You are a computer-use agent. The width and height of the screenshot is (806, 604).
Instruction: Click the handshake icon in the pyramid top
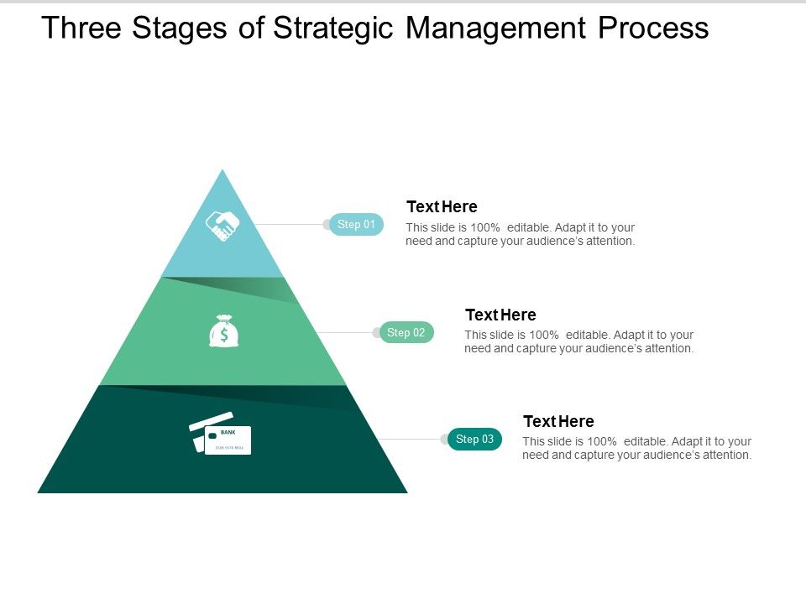point(222,226)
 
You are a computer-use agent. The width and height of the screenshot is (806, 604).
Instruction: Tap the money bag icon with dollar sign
point(224,331)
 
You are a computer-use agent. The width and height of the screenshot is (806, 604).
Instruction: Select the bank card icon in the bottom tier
point(221,434)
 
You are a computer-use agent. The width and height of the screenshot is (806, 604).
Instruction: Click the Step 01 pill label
point(357,225)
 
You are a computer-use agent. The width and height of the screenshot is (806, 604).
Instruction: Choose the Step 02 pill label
point(406,333)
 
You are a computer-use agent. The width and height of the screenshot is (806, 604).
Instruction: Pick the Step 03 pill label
point(475,440)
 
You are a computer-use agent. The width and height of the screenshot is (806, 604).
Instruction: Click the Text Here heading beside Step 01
point(442,206)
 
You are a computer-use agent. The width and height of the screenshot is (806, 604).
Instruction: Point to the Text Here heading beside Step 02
point(500,315)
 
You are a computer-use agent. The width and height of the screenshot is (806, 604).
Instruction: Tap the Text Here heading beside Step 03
point(558,421)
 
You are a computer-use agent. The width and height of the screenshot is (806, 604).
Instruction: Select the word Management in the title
point(496,29)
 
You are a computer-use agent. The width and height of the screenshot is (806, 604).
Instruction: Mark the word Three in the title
point(81,29)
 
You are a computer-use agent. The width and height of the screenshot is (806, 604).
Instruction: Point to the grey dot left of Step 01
point(327,225)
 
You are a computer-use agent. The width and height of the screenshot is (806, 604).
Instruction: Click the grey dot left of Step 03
point(445,440)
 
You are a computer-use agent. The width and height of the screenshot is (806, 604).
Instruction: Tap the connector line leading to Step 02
point(348,333)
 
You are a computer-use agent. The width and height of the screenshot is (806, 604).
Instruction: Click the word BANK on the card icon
point(228,433)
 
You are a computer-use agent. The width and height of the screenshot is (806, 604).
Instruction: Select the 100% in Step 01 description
point(485,227)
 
